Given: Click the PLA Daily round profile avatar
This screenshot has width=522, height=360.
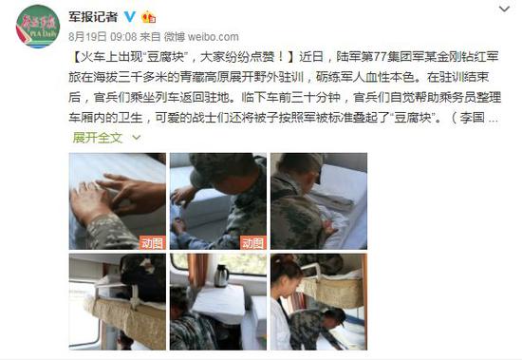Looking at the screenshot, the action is click(x=38, y=27).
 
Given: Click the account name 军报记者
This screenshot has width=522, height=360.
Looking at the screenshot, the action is click(x=93, y=17).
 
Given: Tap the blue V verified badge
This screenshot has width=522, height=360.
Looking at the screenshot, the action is click(x=129, y=16).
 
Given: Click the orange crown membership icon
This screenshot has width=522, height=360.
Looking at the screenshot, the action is click(x=148, y=17).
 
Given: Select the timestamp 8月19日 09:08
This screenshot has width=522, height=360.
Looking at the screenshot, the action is click(x=103, y=37).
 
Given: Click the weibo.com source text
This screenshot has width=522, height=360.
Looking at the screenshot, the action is click(x=213, y=37).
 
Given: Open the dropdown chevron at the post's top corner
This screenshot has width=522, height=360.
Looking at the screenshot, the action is click(x=504, y=9).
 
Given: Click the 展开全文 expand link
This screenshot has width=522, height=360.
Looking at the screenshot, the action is click(x=98, y=138).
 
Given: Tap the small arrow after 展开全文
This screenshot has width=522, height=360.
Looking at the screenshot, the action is click(x=137, y=138).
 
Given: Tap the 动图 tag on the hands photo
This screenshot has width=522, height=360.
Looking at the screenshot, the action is click(x=152, y=242).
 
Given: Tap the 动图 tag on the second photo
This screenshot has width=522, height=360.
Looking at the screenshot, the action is click(x=253, y=242).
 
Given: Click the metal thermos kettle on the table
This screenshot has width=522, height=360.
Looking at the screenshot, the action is click(x=221, y=275).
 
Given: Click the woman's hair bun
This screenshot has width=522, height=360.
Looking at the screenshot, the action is click(x=280, y=259).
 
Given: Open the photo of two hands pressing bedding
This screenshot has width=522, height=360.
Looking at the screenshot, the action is click(x=117, y=201).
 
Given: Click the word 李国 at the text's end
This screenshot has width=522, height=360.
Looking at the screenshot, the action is click(x=472, y=118).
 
